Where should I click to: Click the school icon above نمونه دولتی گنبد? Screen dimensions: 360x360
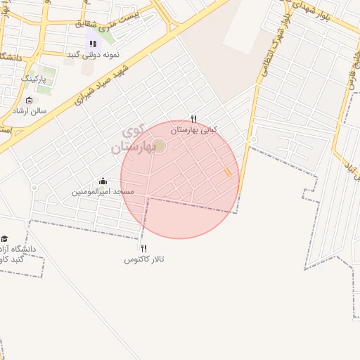tap(92, 44)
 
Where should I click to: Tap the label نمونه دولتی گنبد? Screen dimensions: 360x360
tap(92, 54)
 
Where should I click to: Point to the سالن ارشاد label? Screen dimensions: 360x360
tap(28, 111)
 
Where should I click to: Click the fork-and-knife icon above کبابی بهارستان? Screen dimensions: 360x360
tap(194, 119)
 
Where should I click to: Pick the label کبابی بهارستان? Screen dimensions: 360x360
tap(195, 129)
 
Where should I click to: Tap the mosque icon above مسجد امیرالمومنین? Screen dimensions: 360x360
tap(103, 181)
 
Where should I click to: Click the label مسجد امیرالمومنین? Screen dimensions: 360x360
tap(103, 191)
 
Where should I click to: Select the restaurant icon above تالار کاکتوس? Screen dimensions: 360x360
tap(144, 248)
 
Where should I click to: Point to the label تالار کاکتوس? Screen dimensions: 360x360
tap(144, 259)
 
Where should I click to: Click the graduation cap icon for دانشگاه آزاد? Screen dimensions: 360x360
tap(4, 239)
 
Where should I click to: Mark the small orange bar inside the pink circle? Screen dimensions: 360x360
tap(227, 172)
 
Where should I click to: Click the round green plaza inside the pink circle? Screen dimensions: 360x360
tap(160, 146)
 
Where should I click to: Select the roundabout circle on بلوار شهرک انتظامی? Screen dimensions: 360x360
tap(253, 140)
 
